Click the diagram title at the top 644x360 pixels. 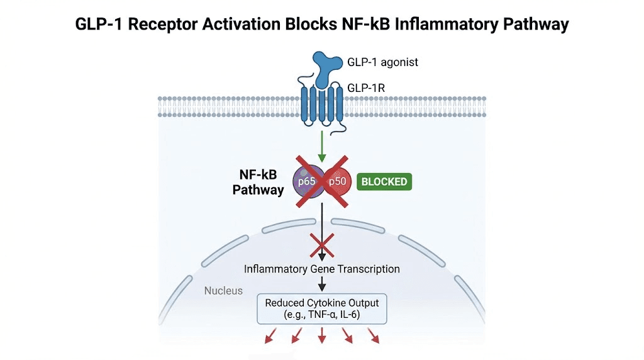pyautogui.click(x=321, y=25)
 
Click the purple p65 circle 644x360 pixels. pyautogui.click(x=307, y=183)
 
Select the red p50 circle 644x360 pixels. pyautogui.click(x=336, y=183)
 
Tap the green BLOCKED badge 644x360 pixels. pyautogui.click(x=384, y=183)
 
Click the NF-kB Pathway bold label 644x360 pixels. pyautogui.click(x=258, y=183)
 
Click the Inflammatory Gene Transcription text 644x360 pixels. pyautogui.click(x=322, y=269)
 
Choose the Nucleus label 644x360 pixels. pyautogui.click(x=223, y=291)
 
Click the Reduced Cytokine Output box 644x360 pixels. pyautogui.click(x=322, y=308)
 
